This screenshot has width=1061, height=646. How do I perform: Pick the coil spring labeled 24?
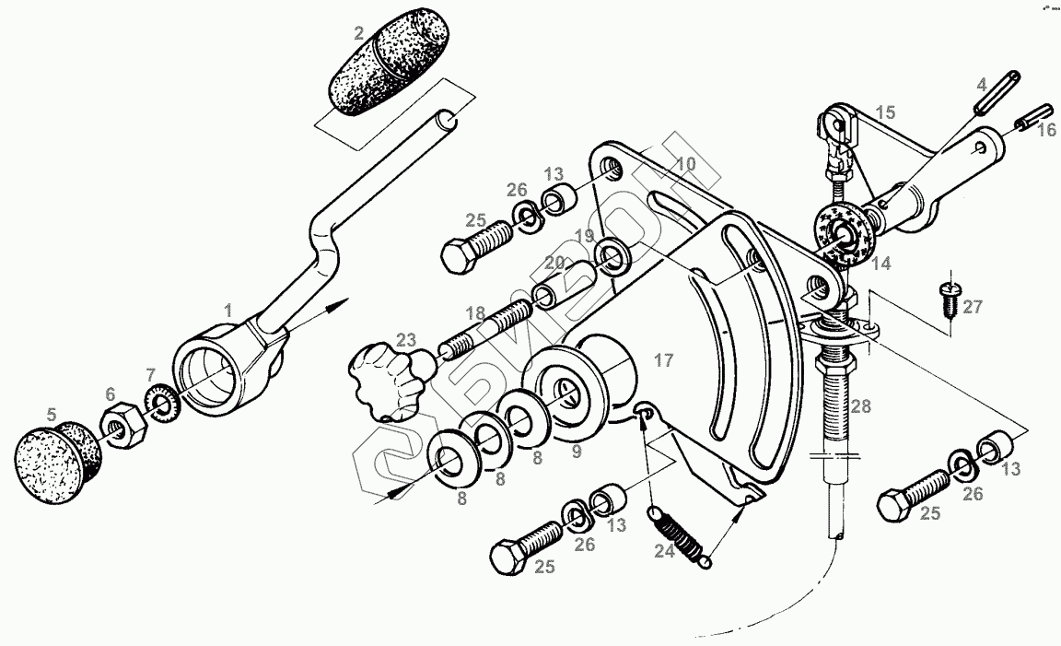679,534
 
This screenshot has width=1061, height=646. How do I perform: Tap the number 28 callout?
860,405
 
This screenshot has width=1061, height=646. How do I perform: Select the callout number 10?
685,164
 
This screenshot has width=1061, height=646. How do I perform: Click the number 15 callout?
885,113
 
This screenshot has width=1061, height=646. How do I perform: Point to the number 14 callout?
881,264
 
